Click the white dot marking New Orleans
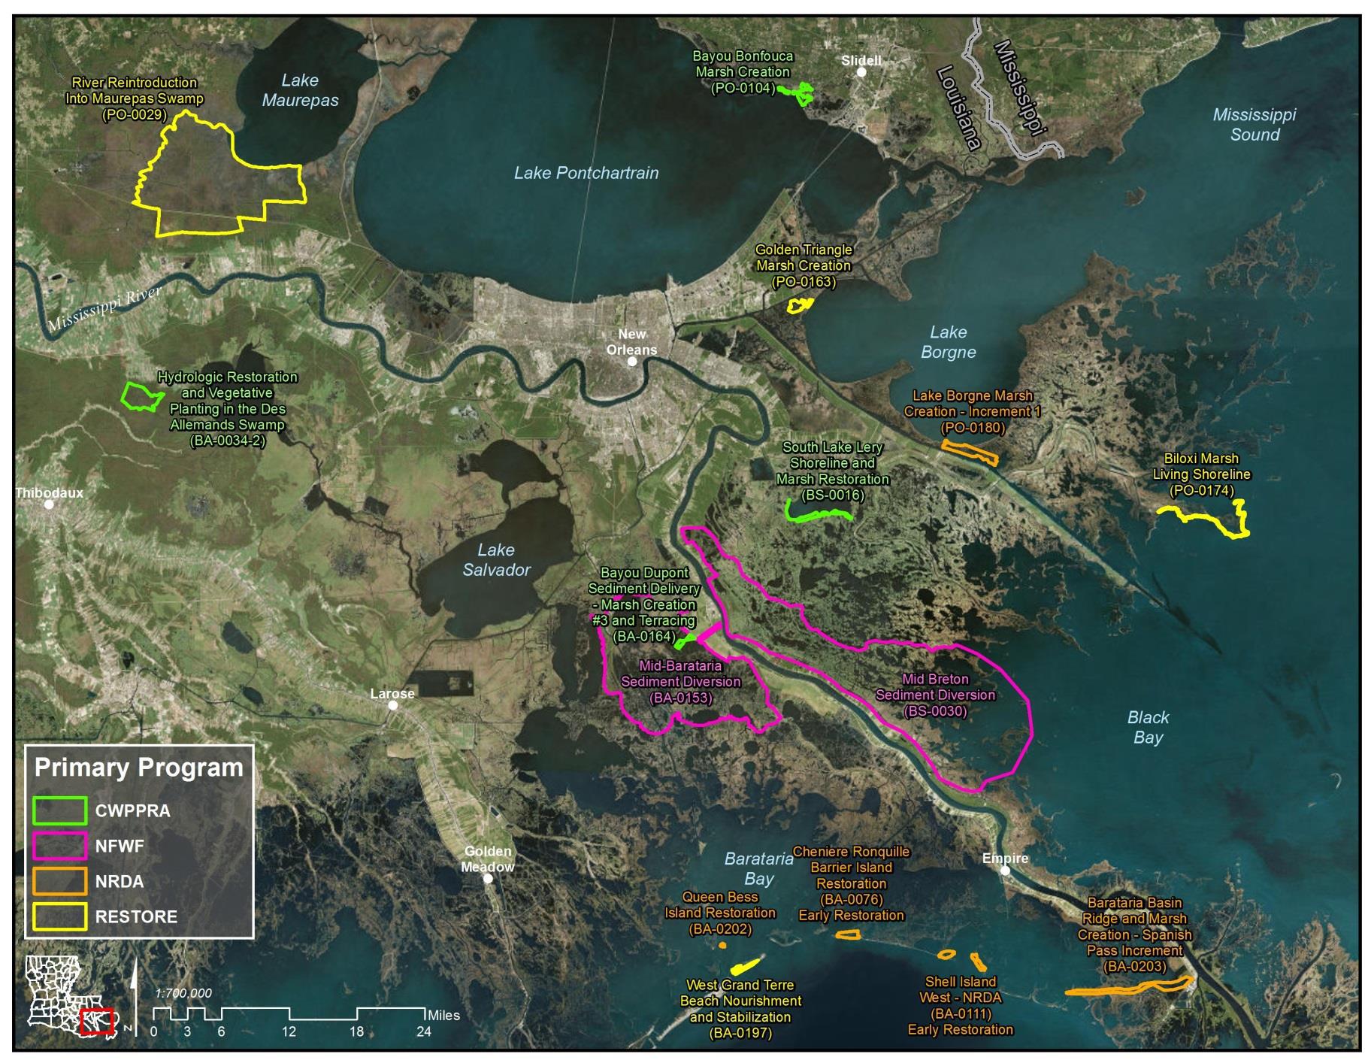coord(632,362)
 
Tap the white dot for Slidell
coord(861,72)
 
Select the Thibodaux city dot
coord(49,504)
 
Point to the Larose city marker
coord(392,705)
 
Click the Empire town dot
coord(1006,871)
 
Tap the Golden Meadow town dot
coord(488,878)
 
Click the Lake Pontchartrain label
coord(586,173)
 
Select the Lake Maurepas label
coord(300,90)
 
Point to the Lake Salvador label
coord(496,560)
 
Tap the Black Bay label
coord(1148,727)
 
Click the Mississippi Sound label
coord(1254,125)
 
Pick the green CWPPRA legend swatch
coord(60,810)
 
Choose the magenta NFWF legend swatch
coord(60,846)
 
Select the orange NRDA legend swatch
coord(60,881)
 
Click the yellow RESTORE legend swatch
coord(60,916)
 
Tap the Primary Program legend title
coord(139,768)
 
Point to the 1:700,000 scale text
coord(183,993)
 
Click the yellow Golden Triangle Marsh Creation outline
coord(801,304)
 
